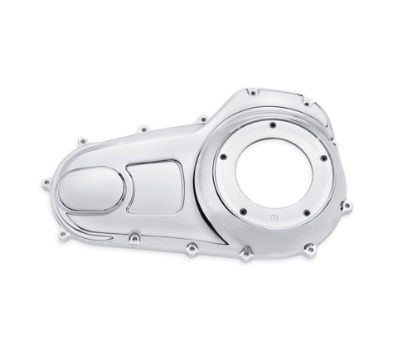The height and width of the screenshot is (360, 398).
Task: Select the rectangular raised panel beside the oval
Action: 155,187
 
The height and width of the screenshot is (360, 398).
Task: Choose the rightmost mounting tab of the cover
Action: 346,205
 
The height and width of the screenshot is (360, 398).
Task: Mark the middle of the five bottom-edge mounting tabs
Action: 191,246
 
